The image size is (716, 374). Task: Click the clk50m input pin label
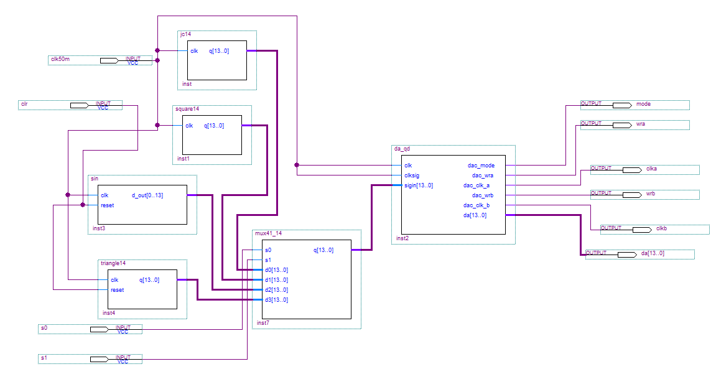pyautogui.click(x=60, y=60)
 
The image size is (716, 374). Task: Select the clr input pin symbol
pyautogui.click(x=79, y=105)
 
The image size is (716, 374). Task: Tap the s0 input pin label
pyautogui.click(x=44, y=328)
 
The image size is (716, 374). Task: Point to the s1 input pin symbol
pyautogui.click(x=100, y=359)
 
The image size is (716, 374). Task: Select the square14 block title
pyautogui.click(x=187, y=109)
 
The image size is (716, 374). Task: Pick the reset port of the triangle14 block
pyautogui.click(x=117, y=290)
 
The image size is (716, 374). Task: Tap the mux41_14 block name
pyautogui.click(x=269, y=233)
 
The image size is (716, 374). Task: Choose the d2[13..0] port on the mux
pyautogui.click(x=276, y=290)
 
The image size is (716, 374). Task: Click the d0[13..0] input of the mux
pyautogui.click(x=276, y=270)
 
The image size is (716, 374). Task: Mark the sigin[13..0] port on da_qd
pyautogui.click(x=419, y=185)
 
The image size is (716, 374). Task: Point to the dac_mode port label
pyautogui.click(x=481, y=166)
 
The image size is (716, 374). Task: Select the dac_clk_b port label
pyautogui.click(x=477, y=205)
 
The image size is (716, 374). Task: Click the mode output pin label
pyautogui.click(x=643, y=104)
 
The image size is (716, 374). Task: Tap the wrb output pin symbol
pyautogui.click(x=631, y=194)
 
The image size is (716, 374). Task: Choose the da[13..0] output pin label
pyautogui.click(x=653, y=253)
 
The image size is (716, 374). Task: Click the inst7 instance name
pyautogui.click(x=263, y=323)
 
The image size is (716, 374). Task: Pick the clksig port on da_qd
pyautogui.click(x=412, y=175)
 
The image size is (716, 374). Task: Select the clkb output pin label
pyautogui.click(x=661, y=228)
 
